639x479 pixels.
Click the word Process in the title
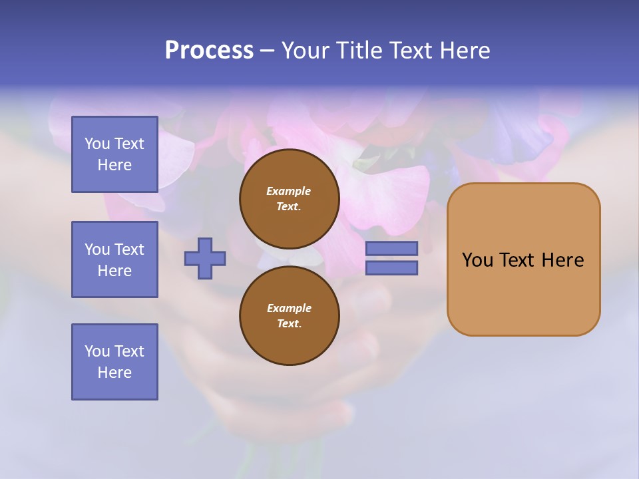(209, 51)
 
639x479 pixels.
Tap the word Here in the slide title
(464, 51)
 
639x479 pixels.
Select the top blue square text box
(114, 154)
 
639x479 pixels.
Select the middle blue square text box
(114, 259)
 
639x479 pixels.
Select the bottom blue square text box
(114, 362)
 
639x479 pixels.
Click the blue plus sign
(205, 259)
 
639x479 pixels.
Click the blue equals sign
(391, 258)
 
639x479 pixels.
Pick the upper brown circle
(290, 198)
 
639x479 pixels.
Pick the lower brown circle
(290, 315)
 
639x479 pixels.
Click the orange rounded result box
(523, 259)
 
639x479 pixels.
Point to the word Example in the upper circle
(289, 191)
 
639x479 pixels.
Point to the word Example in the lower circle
(289, 308)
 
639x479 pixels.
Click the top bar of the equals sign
(391, 249)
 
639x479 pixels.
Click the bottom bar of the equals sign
(391, 268)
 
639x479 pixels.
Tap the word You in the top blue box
(97, 144)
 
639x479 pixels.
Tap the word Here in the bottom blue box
(114, 373)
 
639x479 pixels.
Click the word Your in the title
(305, 51)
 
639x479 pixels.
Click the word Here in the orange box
(562, 260)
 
